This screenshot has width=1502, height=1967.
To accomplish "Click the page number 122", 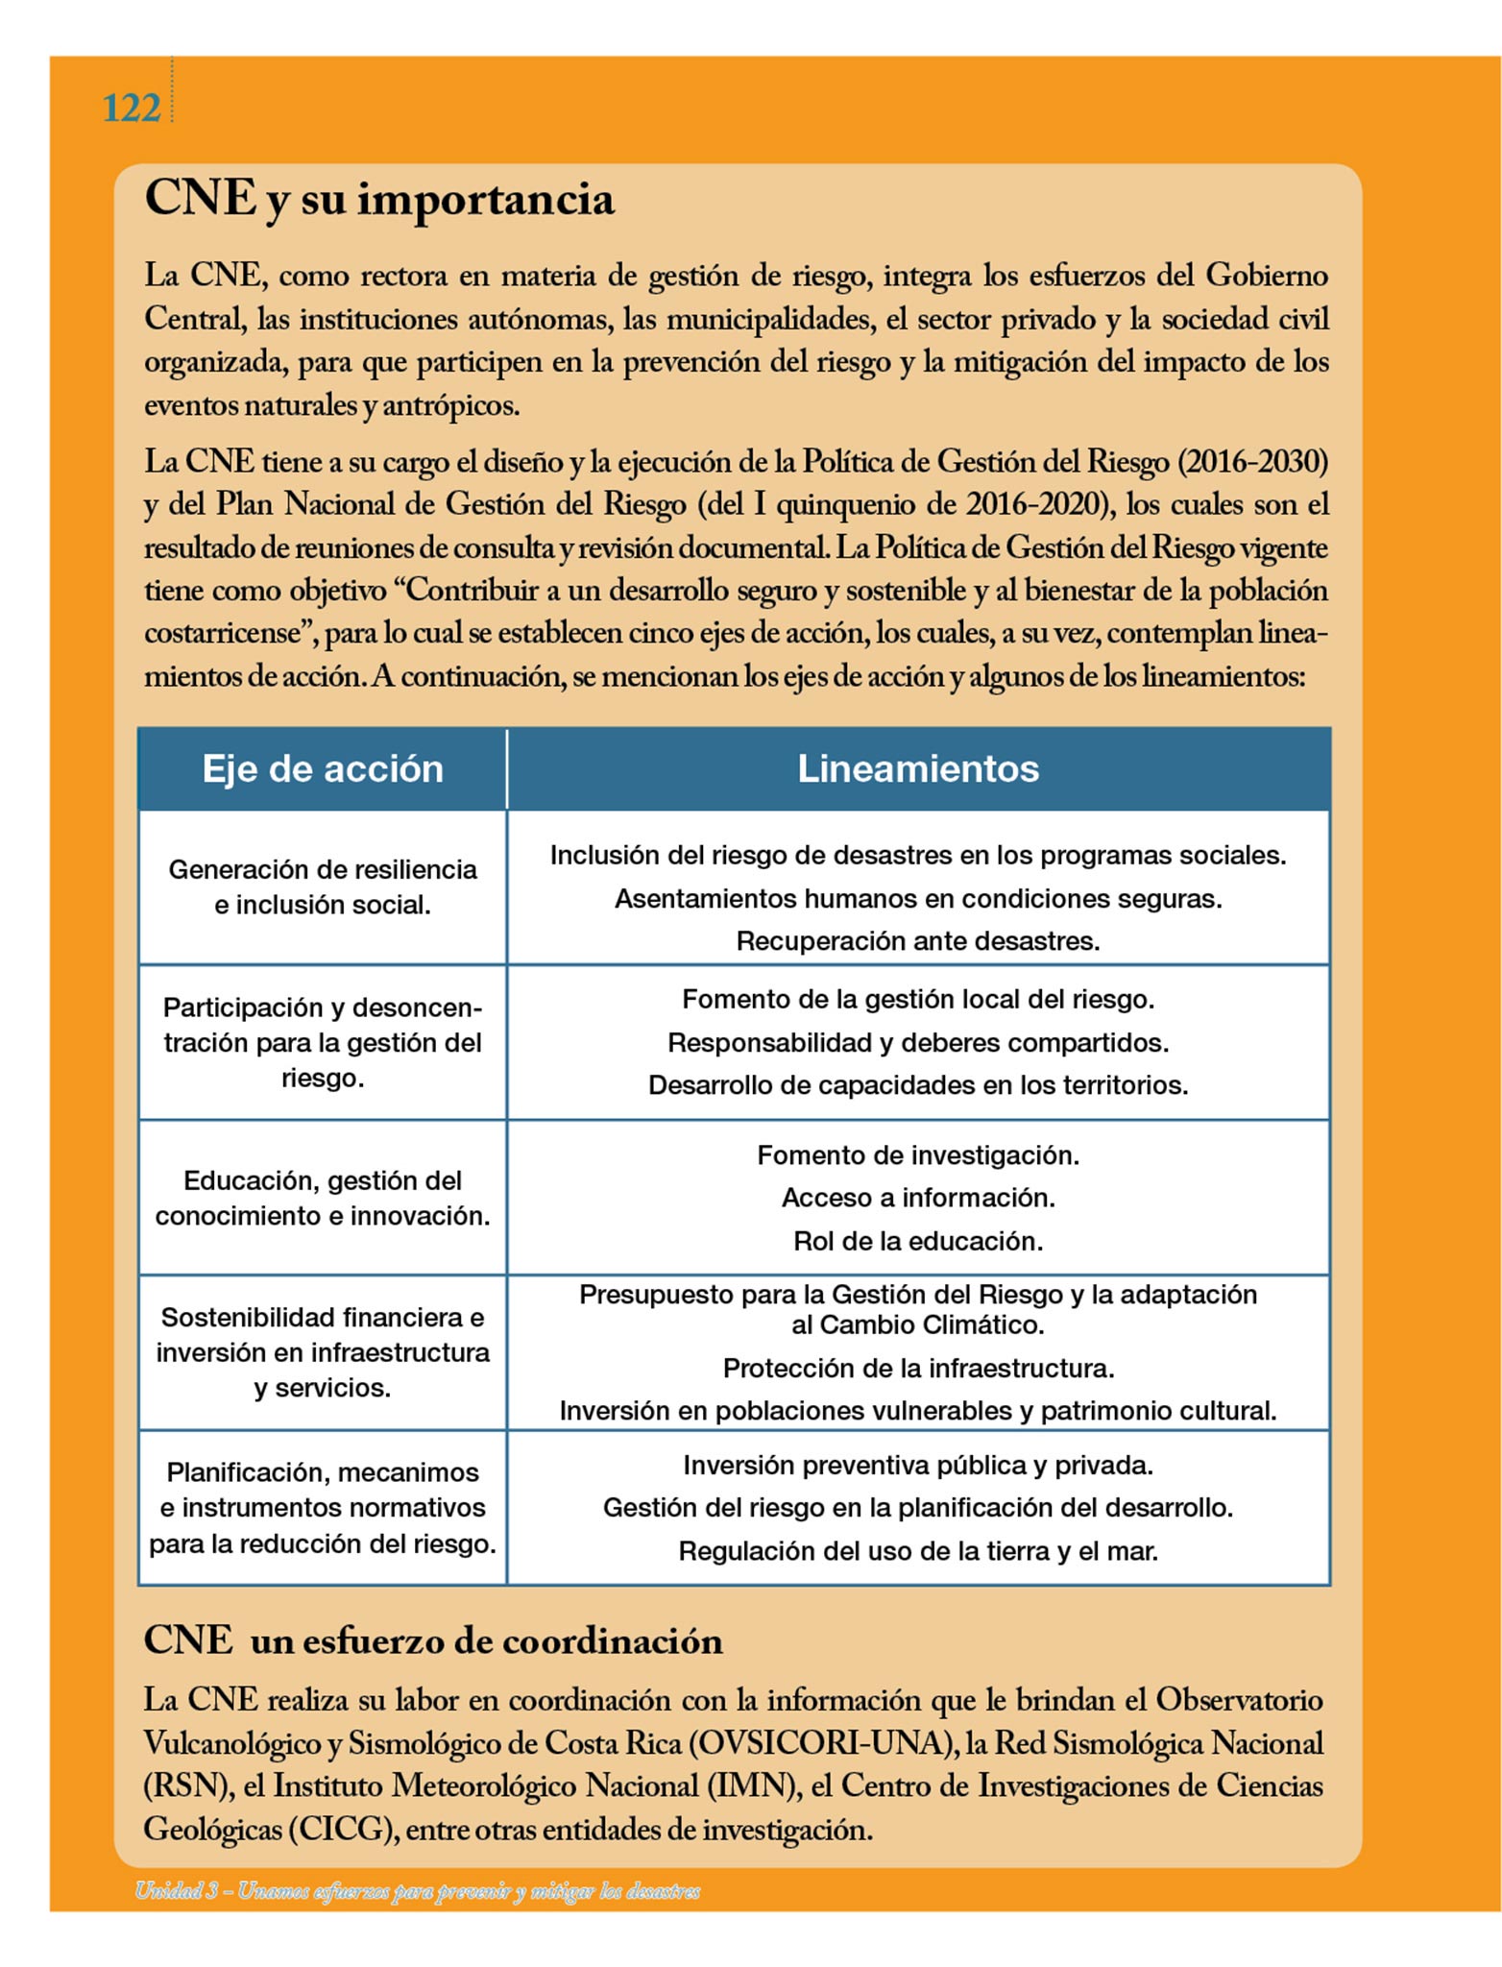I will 131,109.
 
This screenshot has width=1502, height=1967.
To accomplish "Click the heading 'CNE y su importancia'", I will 379,199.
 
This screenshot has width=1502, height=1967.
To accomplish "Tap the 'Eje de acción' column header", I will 323,768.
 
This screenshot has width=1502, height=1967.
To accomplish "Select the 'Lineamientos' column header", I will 918,768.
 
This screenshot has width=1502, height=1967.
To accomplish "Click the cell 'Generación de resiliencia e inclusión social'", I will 323,886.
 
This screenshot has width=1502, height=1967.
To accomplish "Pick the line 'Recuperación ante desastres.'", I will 918,941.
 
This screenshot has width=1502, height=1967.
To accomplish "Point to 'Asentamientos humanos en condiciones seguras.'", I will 918,899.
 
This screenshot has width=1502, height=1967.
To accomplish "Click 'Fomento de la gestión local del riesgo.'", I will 918,1000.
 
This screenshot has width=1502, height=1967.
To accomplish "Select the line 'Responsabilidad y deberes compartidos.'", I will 918,1043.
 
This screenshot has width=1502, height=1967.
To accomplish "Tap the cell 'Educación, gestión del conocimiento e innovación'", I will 323,1198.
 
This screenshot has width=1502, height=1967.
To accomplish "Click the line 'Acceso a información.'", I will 918,1198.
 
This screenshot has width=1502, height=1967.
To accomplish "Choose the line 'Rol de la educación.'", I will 918,1241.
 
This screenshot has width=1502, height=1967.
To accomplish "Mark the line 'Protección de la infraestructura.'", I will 918,1368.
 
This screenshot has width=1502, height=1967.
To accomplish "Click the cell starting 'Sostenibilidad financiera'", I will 323,1352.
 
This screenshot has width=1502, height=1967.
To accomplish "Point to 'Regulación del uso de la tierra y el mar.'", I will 918,1551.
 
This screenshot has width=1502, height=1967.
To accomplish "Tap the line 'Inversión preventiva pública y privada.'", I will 918,1466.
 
